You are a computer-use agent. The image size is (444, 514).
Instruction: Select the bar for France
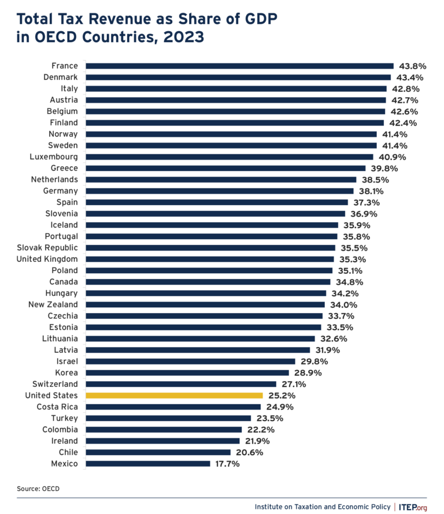coord(239,66)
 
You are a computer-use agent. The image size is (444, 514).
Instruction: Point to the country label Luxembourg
coord(54,157)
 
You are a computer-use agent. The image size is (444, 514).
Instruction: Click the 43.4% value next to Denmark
coord(409,77)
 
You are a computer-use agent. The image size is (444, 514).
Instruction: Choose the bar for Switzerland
coord(181,384)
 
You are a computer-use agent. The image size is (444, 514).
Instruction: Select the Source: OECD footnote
coord(38,489)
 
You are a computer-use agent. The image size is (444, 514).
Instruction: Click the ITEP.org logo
coord(413,506)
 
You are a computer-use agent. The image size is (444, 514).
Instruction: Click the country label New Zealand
coord(53,304)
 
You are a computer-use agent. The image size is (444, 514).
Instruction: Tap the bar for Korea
coord(187,373)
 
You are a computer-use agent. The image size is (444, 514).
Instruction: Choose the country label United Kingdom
coord(47,259)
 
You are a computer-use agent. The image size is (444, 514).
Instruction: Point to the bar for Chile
coord(158,452)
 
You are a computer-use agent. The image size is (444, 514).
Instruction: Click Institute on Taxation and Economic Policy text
coord(323,506)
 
